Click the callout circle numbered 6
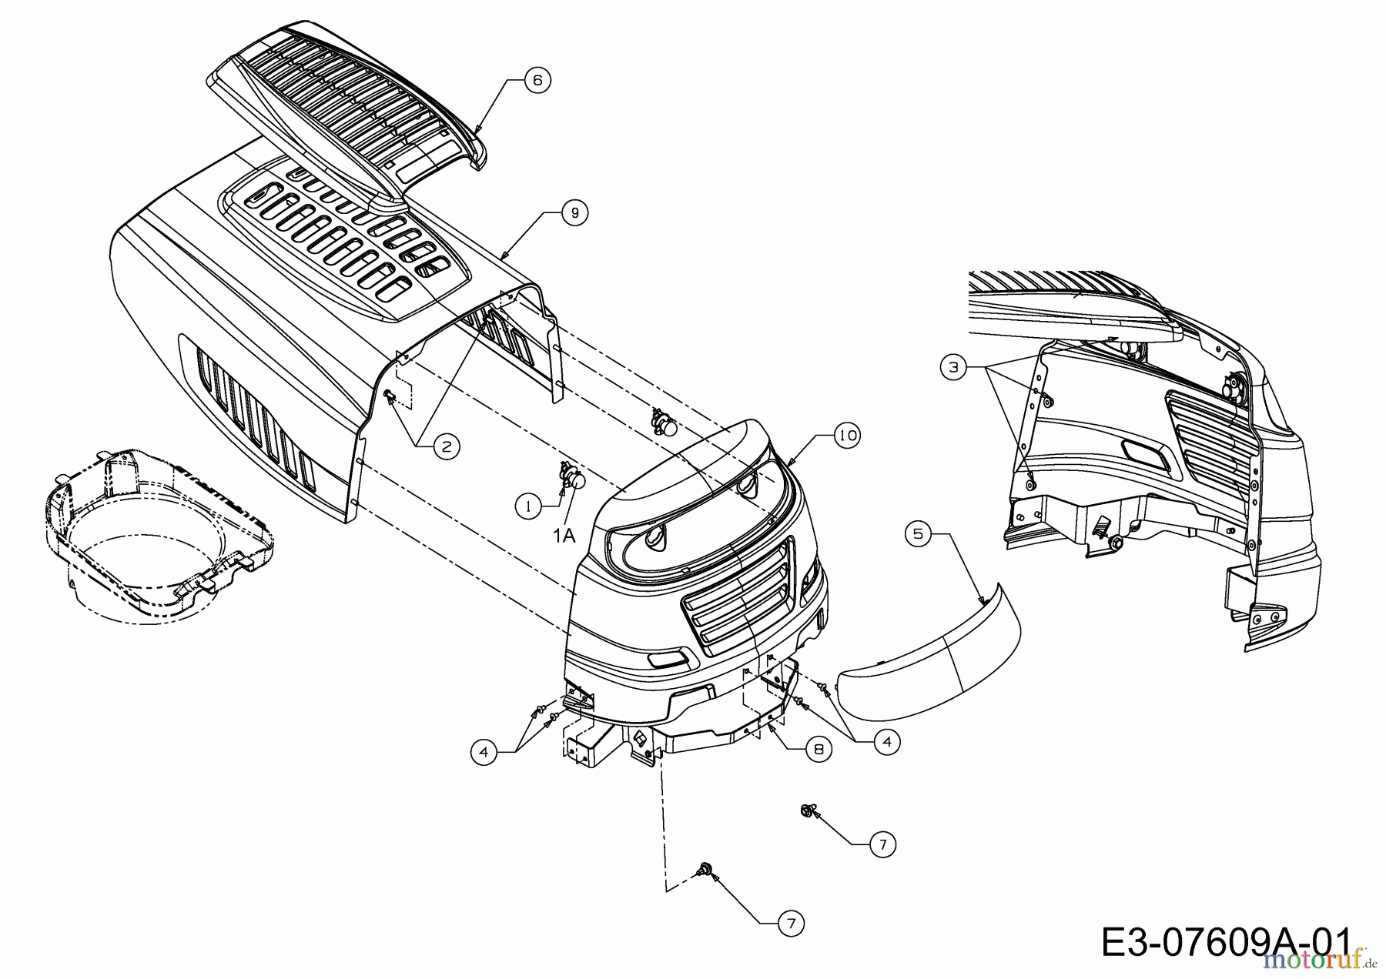[x=537, y=80]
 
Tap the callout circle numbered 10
[x=847, y=436]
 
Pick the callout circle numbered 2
[x=446, y=446]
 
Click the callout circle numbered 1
[x=528, y=506]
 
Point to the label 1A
[x=564, y=534]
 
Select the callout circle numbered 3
[x=954, y=368]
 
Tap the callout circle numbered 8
[x=818, y=749]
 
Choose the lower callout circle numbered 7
[x=790, y=923]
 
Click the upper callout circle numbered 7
[x=882, y=845]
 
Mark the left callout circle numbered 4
[x=484, y=751]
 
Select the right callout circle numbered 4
[x=887, y=741]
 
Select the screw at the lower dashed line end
[x=703, y=870]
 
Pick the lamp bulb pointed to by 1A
[x=577, y=482]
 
